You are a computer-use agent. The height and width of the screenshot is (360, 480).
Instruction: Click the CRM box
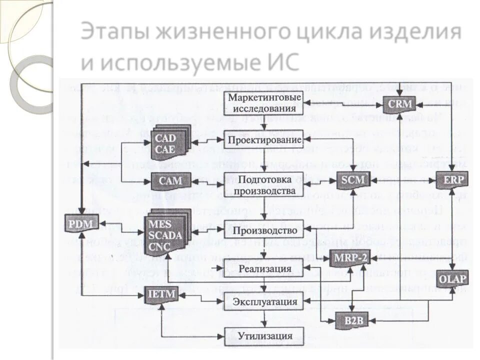pyautogui.click(x=400, y=104)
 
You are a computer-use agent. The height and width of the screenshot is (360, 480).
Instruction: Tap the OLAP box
pyautogui.click(x=452, y=278)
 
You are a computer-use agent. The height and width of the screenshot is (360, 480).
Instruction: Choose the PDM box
pyautogui.click(x=80, y=223)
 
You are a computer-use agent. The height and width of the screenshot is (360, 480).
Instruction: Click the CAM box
pyautogui.click(x=167, y=179)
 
